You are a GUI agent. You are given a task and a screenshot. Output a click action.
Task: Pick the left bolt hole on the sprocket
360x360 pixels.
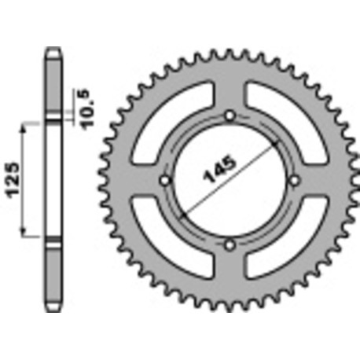165,182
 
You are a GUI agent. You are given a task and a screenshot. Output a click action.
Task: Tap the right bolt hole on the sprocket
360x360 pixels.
294,182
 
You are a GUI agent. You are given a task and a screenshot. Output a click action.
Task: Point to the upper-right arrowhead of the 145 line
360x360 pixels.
276,146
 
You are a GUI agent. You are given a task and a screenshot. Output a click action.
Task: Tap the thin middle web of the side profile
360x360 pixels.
53,180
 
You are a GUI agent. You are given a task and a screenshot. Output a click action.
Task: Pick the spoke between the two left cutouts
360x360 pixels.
141,182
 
